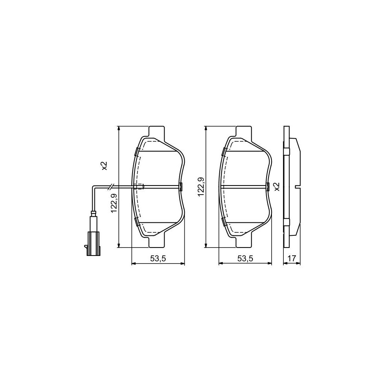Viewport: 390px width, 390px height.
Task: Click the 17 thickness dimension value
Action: point(292,258)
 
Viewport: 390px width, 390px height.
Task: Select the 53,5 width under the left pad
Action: point(158,258)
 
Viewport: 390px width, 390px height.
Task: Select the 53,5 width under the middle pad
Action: point(245,258)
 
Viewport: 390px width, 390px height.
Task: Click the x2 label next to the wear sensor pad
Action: point(104,166)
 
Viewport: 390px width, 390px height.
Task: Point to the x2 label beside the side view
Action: point(277,186)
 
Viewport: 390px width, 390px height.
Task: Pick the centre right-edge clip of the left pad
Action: point(181,187)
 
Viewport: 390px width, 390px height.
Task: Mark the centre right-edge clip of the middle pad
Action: point(267,187)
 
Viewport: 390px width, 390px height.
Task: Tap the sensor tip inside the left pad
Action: point(140,187)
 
